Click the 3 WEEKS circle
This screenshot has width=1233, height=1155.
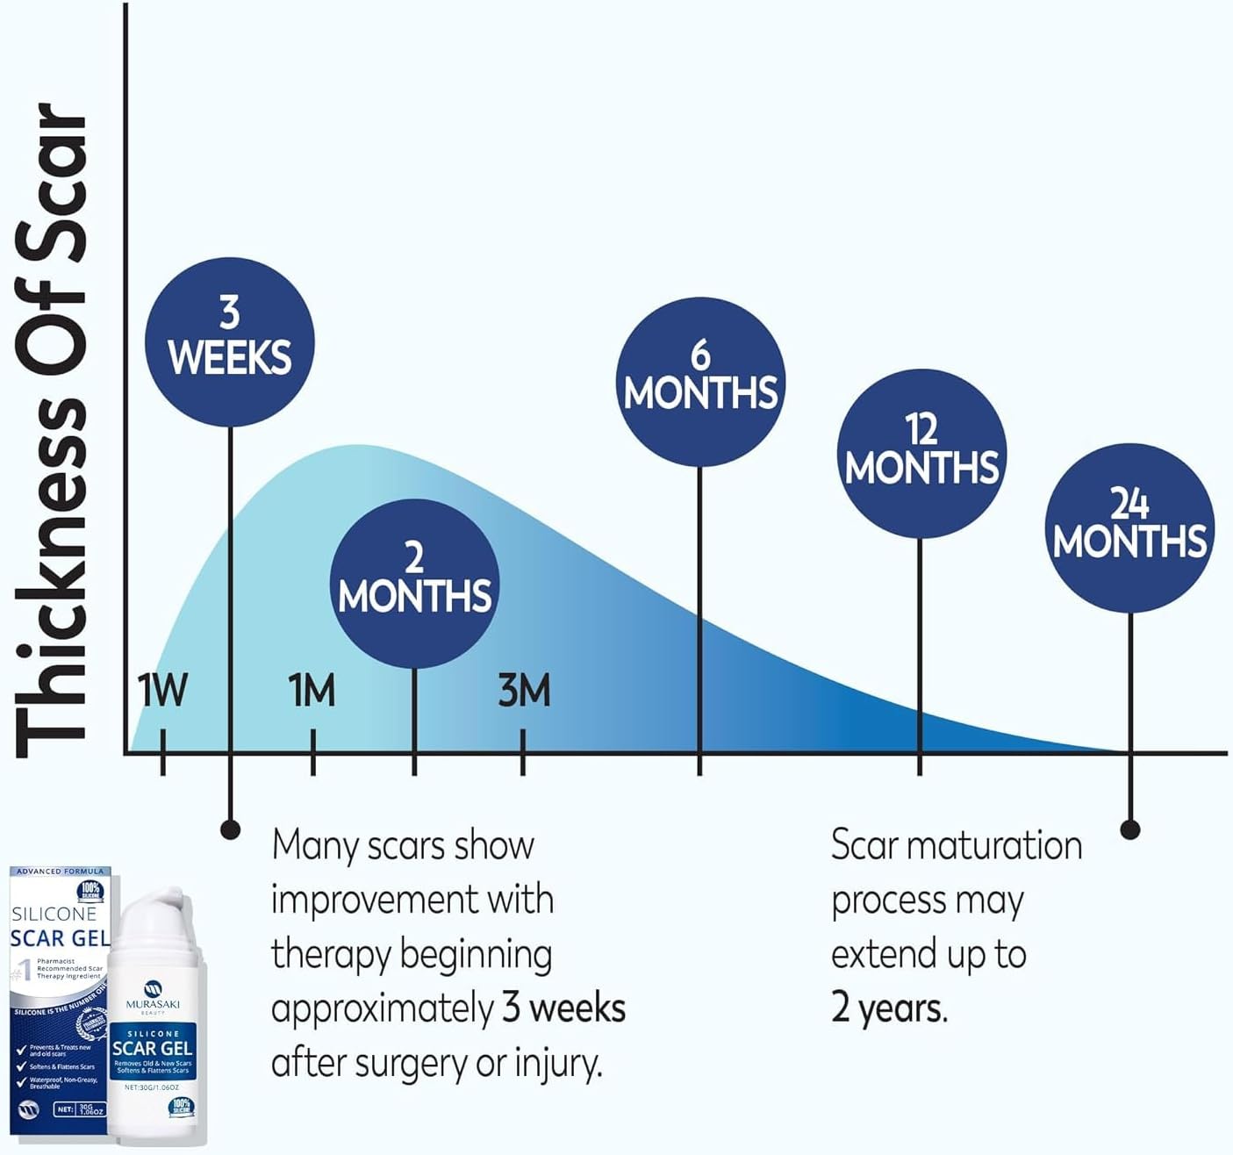click(230, 342)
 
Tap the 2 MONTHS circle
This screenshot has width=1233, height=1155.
click(414, 583)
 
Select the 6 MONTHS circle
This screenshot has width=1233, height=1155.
click(699, 382)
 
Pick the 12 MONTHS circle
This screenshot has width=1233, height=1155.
click(921, 454)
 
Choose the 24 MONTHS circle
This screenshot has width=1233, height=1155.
click(1130, 528)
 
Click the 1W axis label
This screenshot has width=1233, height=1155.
click(162, 691)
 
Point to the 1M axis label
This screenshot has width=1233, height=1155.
click(312, 691)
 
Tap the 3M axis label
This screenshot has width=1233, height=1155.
click(524, 691)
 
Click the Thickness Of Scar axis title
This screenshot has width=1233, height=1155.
click(53, 430)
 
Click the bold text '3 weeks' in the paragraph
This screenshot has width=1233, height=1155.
click(563, 1008)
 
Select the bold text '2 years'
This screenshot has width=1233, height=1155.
click(888, 1008)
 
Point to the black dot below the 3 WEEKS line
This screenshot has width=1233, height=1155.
click(230, 829)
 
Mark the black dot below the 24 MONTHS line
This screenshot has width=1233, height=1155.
click(1130, 829)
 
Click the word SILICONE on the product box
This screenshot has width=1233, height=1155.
click(54, 914)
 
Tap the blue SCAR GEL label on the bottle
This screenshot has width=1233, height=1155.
click(153, 1049)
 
